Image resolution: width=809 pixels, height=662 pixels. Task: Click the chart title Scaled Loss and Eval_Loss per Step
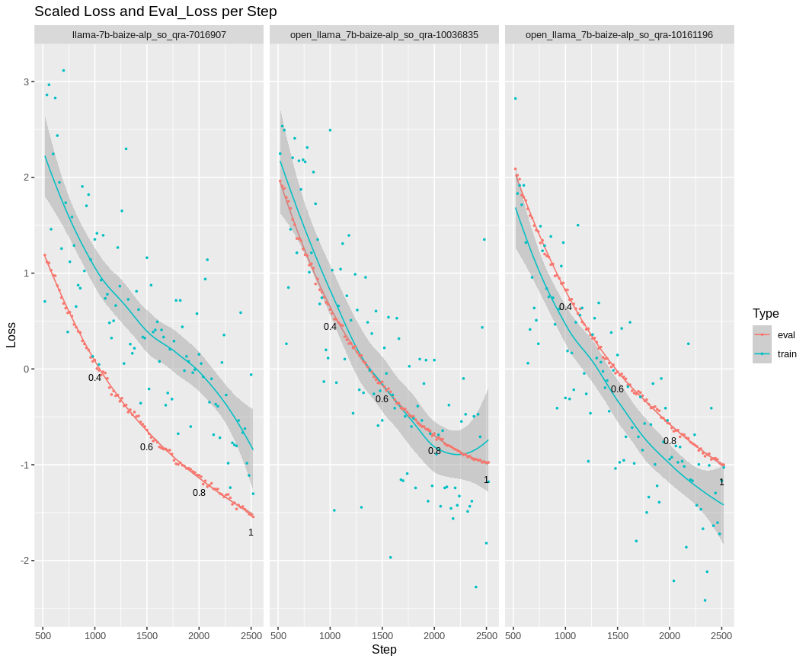(x=155, y=11)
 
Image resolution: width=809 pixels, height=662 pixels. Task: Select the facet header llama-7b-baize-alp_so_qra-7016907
(x=149, y=35)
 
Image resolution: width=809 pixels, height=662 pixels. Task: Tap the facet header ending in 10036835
(x=384, y=35)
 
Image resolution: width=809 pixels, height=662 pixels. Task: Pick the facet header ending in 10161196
(x=619, y=35)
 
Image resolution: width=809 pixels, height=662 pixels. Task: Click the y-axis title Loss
(x=11, y=334)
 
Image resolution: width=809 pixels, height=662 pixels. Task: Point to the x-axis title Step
(x=384, y=650)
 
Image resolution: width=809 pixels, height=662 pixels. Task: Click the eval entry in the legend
(x=786, y=334)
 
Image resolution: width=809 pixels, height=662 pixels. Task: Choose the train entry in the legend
(x=787, y=354)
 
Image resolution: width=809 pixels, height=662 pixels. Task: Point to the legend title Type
(x=766, y=313)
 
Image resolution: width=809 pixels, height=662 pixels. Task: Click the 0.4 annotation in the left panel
(x=94, y=377)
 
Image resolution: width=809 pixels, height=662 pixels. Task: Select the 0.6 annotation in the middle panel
(x=382, y=398)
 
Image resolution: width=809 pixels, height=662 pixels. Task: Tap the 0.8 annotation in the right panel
(x=670, y=440)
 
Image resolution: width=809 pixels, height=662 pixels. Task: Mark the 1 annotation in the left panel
(x=251, y=532)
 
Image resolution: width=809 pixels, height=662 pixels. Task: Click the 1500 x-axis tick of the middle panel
(x=382, y=635)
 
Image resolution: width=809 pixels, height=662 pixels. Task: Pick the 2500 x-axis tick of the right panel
(x=721, y=635)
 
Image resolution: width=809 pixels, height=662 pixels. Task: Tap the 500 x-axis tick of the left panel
(x=43, y=635)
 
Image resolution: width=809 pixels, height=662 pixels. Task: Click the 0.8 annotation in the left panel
(x=199, y=492)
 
